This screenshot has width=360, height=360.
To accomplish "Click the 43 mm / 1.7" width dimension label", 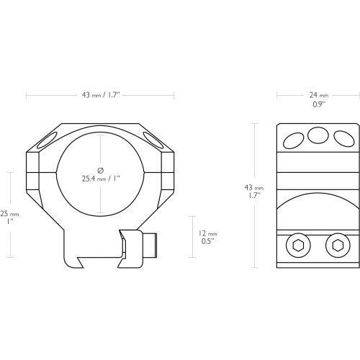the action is tap(101, 95).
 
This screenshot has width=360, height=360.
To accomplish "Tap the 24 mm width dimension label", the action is tap(319, 95).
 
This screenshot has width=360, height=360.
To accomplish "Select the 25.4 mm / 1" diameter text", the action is tap(101, 179).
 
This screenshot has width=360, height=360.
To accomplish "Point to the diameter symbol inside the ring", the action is tap(101, 171).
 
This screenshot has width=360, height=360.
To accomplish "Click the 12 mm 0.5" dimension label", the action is tap(208, 238).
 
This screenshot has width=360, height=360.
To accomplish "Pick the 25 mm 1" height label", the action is tap(9, 217).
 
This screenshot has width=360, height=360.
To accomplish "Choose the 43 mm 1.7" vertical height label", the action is tap(254, 192).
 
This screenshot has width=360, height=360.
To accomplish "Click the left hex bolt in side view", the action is tap(298, 246).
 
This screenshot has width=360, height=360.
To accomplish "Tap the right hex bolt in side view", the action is tap(338, 246).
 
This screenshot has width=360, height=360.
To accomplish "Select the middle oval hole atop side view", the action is tap(318, 135).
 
